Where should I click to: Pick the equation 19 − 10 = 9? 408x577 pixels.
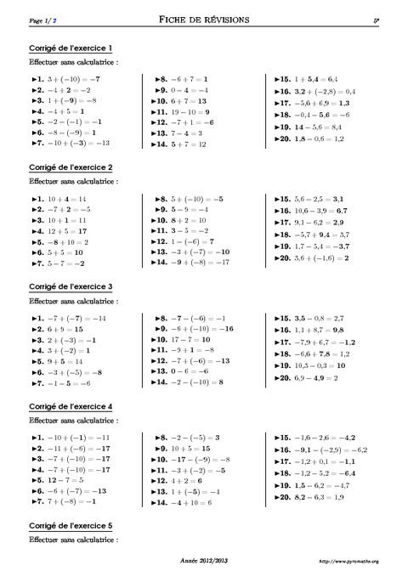pos(186,112)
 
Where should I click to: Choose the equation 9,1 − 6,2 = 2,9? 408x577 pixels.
pos(319,222)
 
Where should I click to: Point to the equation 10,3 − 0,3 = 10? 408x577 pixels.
pos(318,364)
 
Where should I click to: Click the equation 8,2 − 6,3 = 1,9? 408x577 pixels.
pos(318,495)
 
